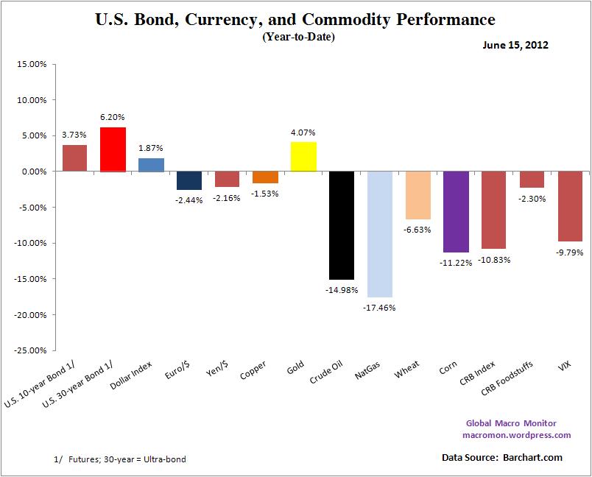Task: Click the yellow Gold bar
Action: (x=303, y=157)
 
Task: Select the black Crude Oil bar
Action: (x=342, y=225)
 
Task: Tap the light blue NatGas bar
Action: (x=380, y=234)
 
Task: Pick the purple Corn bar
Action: (x=456, y=212)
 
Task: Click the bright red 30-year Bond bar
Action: (x=113, y=149)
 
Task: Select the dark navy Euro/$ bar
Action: (x=188, y=180)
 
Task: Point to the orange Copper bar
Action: (x=265, y=177)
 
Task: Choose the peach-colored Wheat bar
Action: (x=417, y=195)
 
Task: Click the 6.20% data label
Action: (x=113, y=116)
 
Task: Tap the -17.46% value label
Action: (x=380, y=308)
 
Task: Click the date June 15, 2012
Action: (x=515, y=46)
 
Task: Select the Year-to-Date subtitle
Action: (x=298, y=37)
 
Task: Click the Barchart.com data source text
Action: (x=532, y=458)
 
